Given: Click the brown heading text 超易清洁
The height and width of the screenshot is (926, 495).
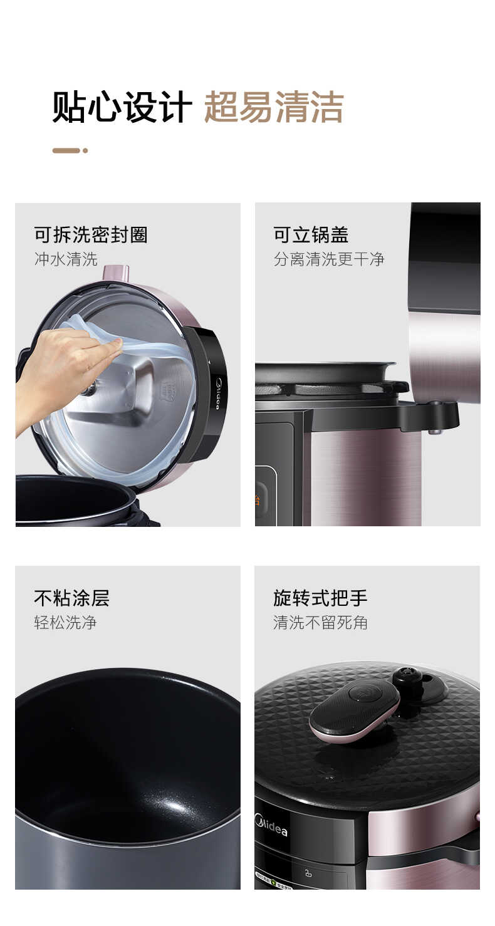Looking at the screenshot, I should (x=274, y=107).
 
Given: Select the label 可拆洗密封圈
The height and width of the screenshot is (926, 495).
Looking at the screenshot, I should (x=91, y=235).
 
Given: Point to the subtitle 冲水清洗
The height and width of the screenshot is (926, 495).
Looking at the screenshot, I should (x=66, y=259).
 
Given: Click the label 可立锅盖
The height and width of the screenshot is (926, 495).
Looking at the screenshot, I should (x=311, y=235).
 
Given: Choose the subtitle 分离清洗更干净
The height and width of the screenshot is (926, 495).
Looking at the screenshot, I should (x=329, y=259).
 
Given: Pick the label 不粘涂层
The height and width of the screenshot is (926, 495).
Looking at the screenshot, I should (x=71, y=598).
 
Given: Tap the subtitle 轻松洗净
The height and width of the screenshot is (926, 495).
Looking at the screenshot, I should (x=65, y=622).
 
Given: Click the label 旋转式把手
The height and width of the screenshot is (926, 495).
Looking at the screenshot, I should (x=320, y=598).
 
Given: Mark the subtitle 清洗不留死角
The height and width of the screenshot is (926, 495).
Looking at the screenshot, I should (x=320, y=622).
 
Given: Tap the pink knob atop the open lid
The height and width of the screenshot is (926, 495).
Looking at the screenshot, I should (x=117, y=273).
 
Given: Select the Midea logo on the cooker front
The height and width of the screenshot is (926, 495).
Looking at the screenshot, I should (x=271, y=825).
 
